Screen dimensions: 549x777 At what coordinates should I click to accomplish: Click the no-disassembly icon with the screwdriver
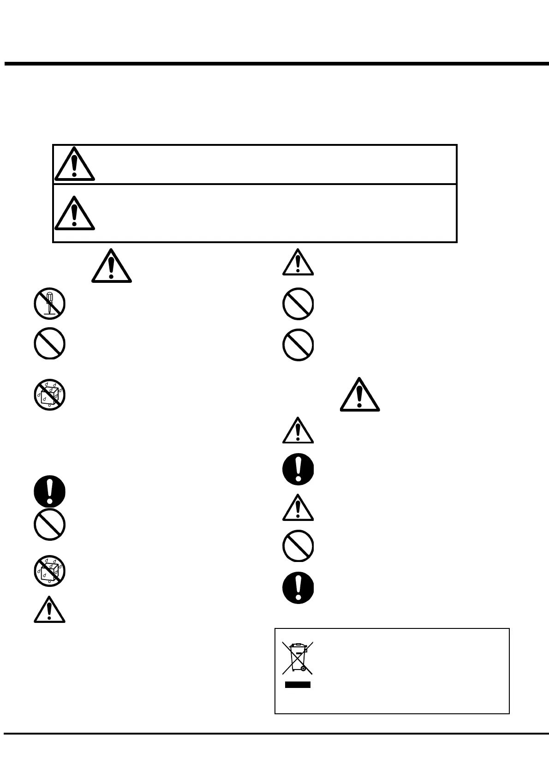pyautogui.click(x=49, y=304)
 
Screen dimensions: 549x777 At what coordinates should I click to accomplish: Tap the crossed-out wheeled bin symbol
pyautogui.click(x=298, y=657)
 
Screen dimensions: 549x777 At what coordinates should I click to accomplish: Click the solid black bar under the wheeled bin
pyautogui.click(x=298, y=685)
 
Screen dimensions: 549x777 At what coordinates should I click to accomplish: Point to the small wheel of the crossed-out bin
pyautogui.click(x=303, y=668)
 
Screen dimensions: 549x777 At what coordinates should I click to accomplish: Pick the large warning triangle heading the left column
pyautogui.click(x=111, y=266)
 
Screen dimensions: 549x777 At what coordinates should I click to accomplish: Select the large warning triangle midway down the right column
pyautogui.click(x=360, y=395)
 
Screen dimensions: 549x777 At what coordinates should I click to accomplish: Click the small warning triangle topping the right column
pyautogui.click(x=298, y=263)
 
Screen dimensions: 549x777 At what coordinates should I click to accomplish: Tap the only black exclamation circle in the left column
pyautogui.click(x=49, y=491)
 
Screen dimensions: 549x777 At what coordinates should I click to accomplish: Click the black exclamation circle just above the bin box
pyautogui.click(x=298, y=588)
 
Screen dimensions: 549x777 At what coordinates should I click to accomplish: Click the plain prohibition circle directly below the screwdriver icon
pyautogui.click(x=49, y=344)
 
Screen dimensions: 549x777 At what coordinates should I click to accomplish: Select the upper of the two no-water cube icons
pyautogui.click(x=49, y=395)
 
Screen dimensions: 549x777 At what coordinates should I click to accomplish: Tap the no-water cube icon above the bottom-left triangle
pyautogui.click(x=49, y=571)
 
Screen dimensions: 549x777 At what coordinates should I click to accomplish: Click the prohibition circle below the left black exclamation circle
pyautogui.click(x=49, y=525)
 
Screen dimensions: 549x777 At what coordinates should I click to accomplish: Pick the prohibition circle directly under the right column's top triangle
pyautogui.click(x=298, y=304)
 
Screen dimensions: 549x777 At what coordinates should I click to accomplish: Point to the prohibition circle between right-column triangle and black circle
pyautogui.click(x=298, y=546)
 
